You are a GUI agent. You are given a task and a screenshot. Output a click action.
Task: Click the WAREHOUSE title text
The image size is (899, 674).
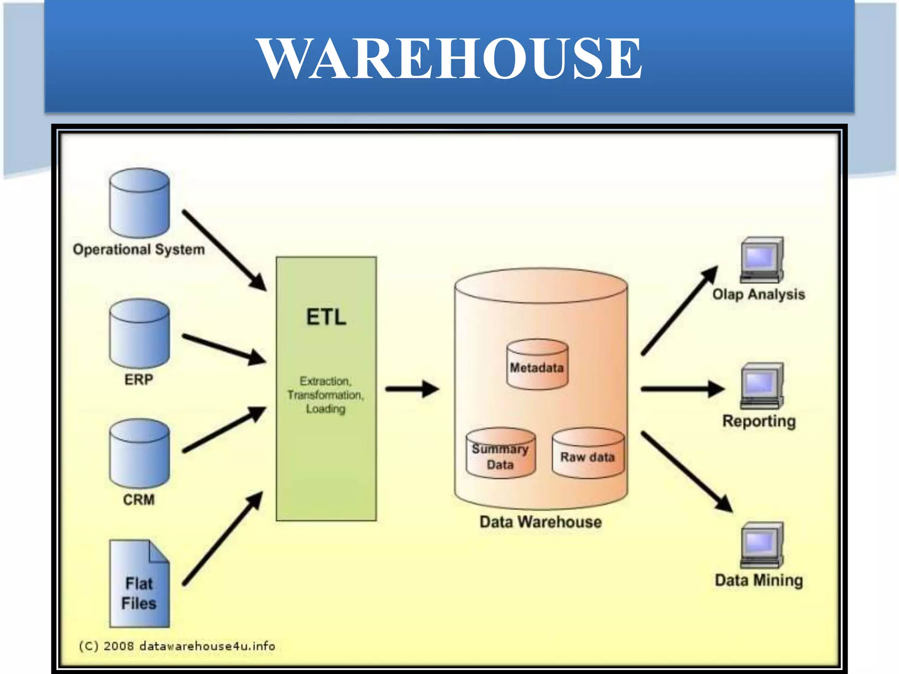click(x=449, y=58)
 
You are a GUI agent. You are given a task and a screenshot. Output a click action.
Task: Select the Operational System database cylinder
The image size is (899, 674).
click(x=139, y=204)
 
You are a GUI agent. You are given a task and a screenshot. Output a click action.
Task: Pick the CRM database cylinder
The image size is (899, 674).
click(x=139, y=454)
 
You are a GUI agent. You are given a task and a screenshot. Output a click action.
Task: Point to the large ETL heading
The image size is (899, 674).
click(x=326, y=317)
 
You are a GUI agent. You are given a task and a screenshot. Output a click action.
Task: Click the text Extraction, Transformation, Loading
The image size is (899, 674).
click(x=325, y=395)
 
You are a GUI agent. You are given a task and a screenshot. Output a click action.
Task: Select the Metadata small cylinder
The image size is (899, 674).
click(x=537, y=365)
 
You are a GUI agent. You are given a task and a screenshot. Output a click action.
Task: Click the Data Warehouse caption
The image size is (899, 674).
click(x=540, y=522)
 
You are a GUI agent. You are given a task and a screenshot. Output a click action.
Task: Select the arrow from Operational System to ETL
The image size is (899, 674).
click(x=224, y=250)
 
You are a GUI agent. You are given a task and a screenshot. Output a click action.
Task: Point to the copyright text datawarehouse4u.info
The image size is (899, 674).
click(x=177, y=646)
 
